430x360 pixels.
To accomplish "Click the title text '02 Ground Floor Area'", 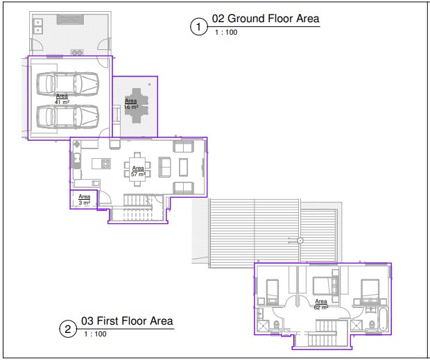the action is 266,19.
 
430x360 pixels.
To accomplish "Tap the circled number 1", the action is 198,26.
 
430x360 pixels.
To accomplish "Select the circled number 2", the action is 68,329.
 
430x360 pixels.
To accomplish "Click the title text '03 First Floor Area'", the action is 127,320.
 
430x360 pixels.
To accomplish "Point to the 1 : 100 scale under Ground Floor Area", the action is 226,33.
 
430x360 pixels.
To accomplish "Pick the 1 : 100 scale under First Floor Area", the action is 95,334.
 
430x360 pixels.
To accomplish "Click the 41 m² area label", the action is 62,99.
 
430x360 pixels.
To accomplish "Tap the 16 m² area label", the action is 131,104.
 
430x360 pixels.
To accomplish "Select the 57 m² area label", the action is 138,171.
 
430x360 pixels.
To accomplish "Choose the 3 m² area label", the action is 84,200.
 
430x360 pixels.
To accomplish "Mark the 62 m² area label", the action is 321,305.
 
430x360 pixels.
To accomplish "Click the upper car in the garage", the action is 67,83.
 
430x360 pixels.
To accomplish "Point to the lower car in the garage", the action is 67,117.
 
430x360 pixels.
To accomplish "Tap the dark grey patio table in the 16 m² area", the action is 137,105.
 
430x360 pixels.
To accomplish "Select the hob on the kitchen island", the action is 105,164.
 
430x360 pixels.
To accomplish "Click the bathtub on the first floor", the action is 383,319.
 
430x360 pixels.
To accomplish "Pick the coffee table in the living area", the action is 184,167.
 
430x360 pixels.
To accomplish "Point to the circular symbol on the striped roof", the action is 300,241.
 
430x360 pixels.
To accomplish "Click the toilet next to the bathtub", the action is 372,325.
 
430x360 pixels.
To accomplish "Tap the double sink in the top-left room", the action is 38,26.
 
